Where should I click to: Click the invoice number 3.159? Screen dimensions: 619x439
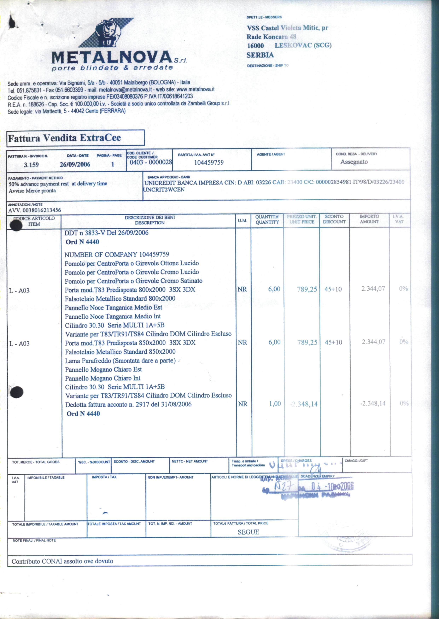[31, 165]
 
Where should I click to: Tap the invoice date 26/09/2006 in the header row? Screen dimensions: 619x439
[75, 164]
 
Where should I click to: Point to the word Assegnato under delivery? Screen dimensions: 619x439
[354, 162]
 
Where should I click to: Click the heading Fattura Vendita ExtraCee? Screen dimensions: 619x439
[64, 138]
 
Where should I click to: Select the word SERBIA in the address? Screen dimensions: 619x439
[260, 55]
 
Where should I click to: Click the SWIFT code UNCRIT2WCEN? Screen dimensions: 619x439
[164, 189]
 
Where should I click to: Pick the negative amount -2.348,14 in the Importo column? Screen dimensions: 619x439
[373, 403]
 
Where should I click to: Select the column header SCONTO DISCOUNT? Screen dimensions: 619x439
[334, 219]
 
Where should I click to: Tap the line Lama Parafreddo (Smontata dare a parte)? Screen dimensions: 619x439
[120, 361]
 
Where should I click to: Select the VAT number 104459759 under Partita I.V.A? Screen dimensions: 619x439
[209, 162]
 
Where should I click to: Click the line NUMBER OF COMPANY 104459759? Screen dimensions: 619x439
[117, 254]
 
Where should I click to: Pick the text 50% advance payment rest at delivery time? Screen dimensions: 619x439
[58, 184]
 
